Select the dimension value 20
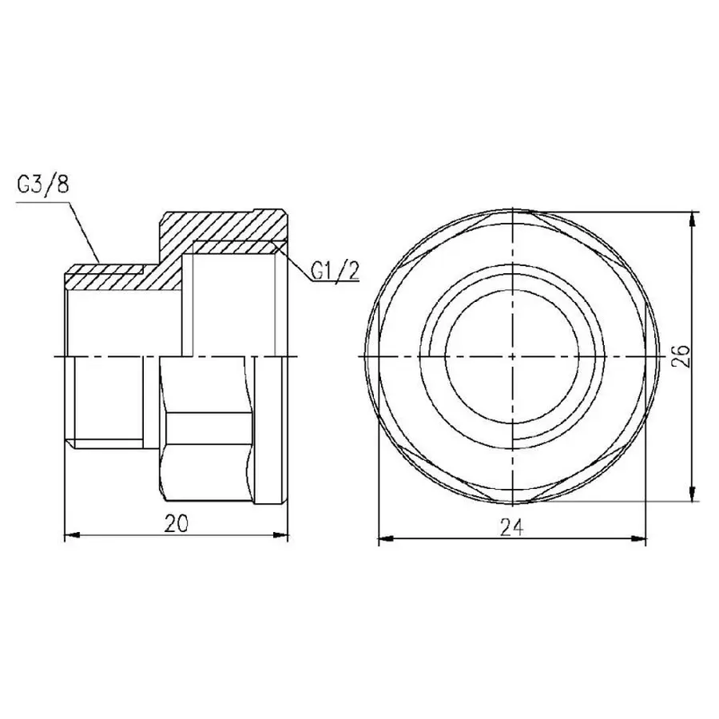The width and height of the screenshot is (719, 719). [x=176, y=524]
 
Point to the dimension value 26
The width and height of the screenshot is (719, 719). [x=681, y=354]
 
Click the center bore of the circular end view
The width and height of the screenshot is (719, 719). [x=511, y=354]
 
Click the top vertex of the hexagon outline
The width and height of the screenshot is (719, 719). [x=511, y=211]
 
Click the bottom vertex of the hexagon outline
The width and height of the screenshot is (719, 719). [x=511, y=500]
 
